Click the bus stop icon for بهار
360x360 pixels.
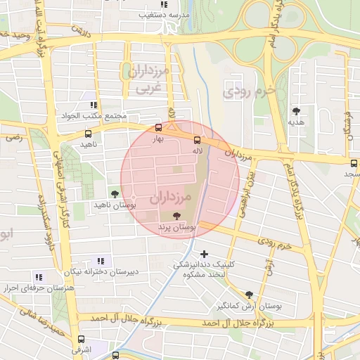coord(158,127)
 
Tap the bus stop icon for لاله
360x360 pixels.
coord(196,139)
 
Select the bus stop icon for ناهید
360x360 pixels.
coord(88,133)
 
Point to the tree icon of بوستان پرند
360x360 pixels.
coord(176,217)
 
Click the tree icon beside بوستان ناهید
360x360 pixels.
coord(115,193)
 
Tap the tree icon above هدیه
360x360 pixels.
coord(297,110)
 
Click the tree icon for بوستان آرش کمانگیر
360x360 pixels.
coord(249,295)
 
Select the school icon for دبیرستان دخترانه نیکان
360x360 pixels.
coord(98,260)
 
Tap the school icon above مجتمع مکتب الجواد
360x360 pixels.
coord(94,104)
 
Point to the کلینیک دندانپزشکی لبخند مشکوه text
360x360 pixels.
coord(203,269)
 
